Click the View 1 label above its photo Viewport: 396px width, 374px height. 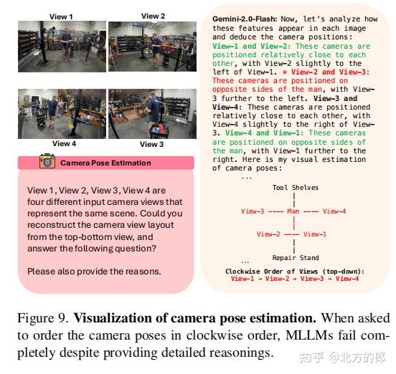tap(61, 16)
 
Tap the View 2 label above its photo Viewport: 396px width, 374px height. tap(153, 16)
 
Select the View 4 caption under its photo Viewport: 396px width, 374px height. tap(64, 143)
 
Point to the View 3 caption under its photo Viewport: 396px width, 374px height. tap(152, 144)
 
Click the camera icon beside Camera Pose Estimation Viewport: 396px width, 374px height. tap(47, 160)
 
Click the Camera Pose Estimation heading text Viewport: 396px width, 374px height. tap(105, 163)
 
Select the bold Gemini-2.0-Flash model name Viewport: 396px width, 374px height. tap(245, 19)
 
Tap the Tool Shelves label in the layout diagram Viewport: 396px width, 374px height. tap(296, 188)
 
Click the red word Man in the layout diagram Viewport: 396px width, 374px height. tap(293, 211)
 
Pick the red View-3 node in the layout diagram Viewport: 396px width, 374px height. tap(253, 211)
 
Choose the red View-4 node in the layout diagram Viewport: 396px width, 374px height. tap(334, 211)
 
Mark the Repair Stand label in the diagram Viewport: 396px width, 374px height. tap(296, 258)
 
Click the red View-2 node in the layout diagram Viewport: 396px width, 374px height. tap(268, 234)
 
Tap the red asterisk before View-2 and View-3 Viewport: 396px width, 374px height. tap(285, 72)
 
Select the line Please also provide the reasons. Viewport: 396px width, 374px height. tap(94, 272)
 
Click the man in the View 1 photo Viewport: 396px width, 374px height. tap(67, 44)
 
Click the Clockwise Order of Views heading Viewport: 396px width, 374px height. tap(295, 272)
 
